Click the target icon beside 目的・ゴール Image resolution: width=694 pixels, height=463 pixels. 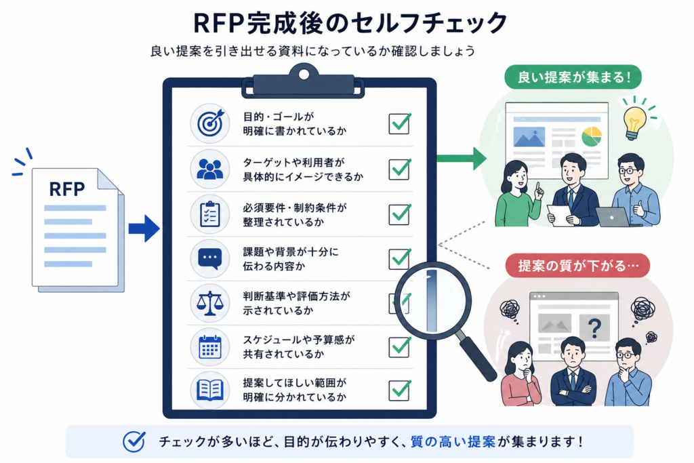click(210, 123)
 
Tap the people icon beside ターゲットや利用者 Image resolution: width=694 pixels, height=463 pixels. click(210, 169)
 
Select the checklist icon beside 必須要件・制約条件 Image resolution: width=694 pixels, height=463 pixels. click(210, 214)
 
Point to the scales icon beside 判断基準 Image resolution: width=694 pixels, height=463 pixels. click(210, 303)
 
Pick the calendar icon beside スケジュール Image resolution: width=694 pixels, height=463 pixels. click(210, 346)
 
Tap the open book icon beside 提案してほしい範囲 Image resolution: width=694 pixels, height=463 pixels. click(210, 390)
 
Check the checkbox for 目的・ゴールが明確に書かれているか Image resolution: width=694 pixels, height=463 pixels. click(400, 123)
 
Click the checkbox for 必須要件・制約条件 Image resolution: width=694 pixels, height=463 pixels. click(400, 214)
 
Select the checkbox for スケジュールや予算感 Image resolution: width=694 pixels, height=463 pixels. click(400, 347)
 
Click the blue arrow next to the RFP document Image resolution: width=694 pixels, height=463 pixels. click(144, 229)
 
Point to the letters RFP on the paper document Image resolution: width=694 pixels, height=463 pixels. click(67, 189)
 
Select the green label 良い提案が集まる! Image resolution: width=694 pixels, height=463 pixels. click(573, 77)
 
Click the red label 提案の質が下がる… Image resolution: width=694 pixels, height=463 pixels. click(578, 266)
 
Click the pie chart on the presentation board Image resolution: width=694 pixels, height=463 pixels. click(591, 136)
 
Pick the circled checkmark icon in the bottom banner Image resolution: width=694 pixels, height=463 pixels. click(134, 441)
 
